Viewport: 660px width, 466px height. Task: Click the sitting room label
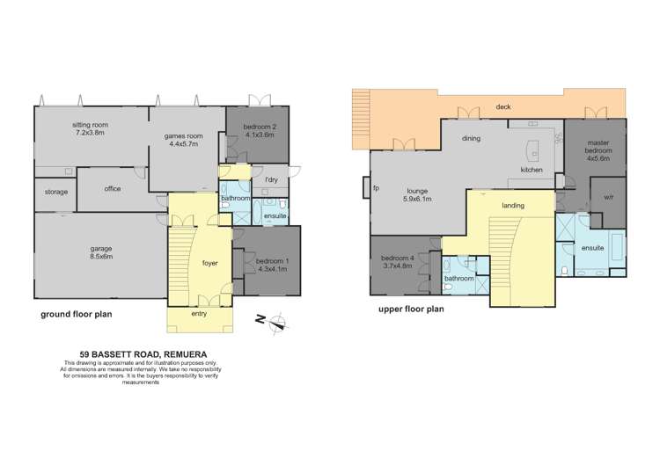click(88, 125)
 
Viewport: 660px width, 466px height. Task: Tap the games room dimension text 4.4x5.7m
click(186, 145)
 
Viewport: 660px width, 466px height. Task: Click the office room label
click(112, 188)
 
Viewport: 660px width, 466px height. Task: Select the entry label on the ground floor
click(201, 312)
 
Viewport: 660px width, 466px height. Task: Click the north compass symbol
click(277, 321)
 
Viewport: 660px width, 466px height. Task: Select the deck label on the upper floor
click(502, 106)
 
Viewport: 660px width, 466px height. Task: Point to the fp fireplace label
click(376, 188)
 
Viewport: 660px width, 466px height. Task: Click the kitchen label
click(532, 169)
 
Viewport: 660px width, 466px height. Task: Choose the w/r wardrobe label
click(608, 197)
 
